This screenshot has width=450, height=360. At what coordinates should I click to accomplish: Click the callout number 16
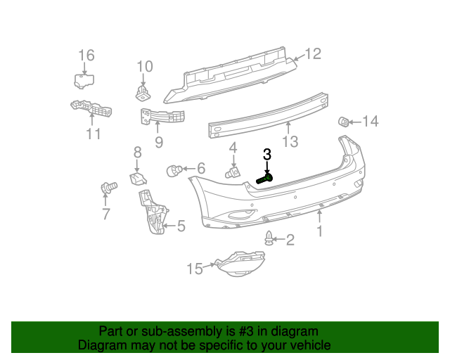coord(86,55)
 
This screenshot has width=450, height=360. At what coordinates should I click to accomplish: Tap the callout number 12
coord(313,53)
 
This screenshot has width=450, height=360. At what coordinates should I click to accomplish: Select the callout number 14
coord(371,122)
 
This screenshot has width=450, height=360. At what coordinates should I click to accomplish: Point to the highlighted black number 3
coord(267,155)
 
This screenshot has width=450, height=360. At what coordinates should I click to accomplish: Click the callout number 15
coord(194,268)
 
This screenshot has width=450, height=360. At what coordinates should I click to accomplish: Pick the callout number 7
coord(106,214)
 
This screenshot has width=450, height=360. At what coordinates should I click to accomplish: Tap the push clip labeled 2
coord(269,238)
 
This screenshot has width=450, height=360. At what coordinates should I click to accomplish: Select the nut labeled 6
coord(174,169)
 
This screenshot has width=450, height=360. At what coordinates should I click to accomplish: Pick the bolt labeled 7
coord(108,187)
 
